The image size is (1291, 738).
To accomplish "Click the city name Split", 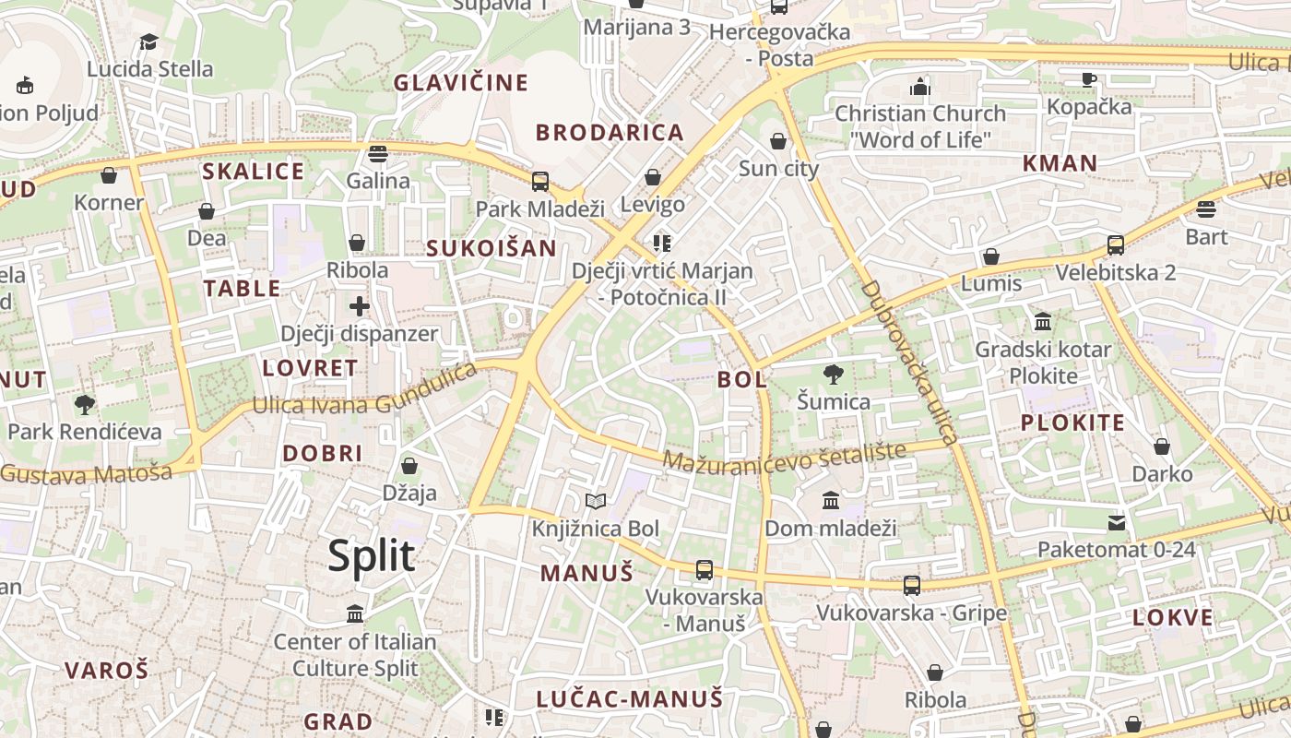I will [x=372, y=556].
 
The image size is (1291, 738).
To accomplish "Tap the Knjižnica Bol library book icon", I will [x=596, y=502].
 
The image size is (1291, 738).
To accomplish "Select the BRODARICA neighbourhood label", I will [x=610, y=133].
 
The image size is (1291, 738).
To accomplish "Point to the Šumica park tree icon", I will [x=834, y=375].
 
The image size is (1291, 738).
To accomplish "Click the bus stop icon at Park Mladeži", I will [x=540, y=181].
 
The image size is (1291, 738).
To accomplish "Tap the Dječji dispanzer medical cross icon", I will [x=360, y=306].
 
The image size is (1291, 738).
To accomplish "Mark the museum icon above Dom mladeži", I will [x=831, y=501].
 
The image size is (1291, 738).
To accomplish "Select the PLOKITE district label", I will [x=1072, y=423].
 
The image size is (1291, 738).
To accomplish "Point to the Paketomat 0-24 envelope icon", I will [x=1117, y=523].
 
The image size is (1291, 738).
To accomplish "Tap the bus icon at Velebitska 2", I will [x=1116, y=245].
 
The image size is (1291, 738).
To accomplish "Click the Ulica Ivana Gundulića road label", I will [x=365, y=391].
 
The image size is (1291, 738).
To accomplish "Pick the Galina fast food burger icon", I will [x=377, y=153].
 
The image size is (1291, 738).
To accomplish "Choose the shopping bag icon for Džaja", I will [x=409, y=467].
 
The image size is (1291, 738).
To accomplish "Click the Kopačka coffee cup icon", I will [x=1089, y=79].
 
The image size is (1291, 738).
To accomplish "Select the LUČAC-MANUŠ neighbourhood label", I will [x=630, y=699].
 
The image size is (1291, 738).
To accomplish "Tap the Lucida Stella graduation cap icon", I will [x=149, y=42].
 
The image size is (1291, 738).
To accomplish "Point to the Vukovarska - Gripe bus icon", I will [x=911, y=585].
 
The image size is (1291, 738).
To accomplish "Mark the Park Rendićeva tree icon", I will [x=85, y=404].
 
